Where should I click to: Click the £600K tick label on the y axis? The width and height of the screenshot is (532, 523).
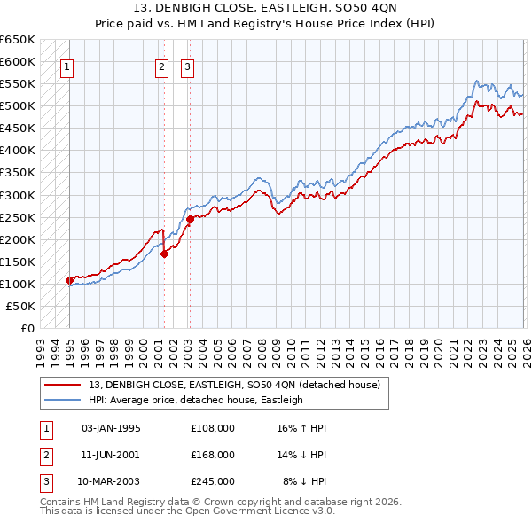coord(18,61)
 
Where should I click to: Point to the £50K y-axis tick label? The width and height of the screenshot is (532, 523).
coord(20,306)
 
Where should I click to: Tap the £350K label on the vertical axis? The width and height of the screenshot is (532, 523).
coord(18,173)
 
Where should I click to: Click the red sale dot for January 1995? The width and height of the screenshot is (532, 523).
coord(69,280)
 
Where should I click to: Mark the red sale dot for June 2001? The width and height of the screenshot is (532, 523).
coord(165,254)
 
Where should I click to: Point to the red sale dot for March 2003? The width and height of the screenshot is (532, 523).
coord(190,219)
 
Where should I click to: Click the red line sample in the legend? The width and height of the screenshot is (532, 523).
coord(62,385)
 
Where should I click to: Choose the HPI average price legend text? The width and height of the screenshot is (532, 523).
coord(195,401)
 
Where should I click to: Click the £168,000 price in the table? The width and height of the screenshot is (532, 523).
coord(213,455)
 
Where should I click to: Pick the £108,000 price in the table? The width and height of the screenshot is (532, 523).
coord(213,428)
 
